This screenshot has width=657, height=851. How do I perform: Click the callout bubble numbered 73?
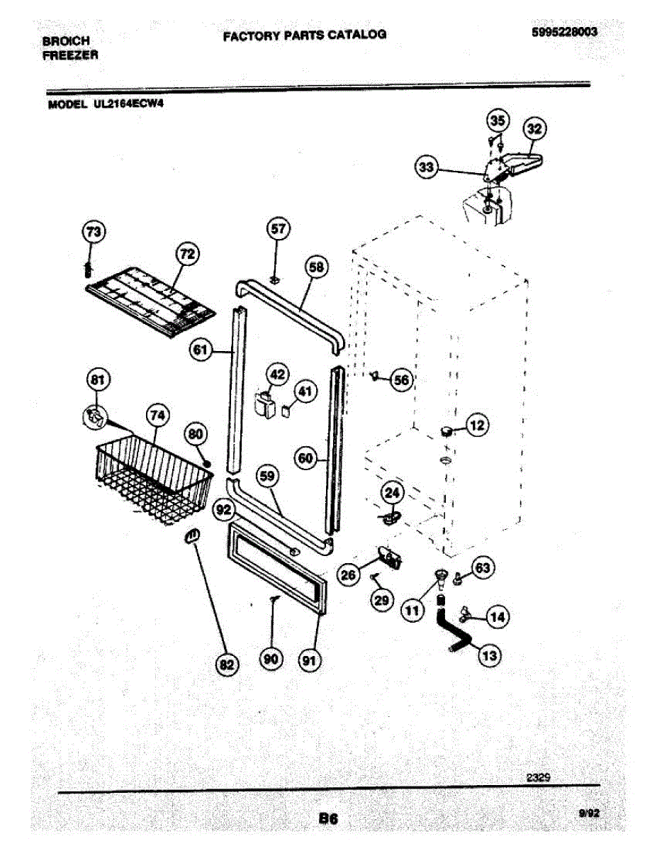point(93,231)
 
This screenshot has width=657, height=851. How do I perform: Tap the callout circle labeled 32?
point(534,129)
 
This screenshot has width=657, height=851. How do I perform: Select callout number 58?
point(317,267)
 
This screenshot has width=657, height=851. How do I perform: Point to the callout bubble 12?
point(478,425)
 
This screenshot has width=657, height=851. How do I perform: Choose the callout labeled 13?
point(489,655)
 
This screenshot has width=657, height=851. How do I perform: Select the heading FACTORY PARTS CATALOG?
point(305,35)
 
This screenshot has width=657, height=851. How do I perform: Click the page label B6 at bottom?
point(327,818)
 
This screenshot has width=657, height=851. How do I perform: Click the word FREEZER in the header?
point(70,55)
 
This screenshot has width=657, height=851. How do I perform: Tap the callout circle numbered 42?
point(277,375)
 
